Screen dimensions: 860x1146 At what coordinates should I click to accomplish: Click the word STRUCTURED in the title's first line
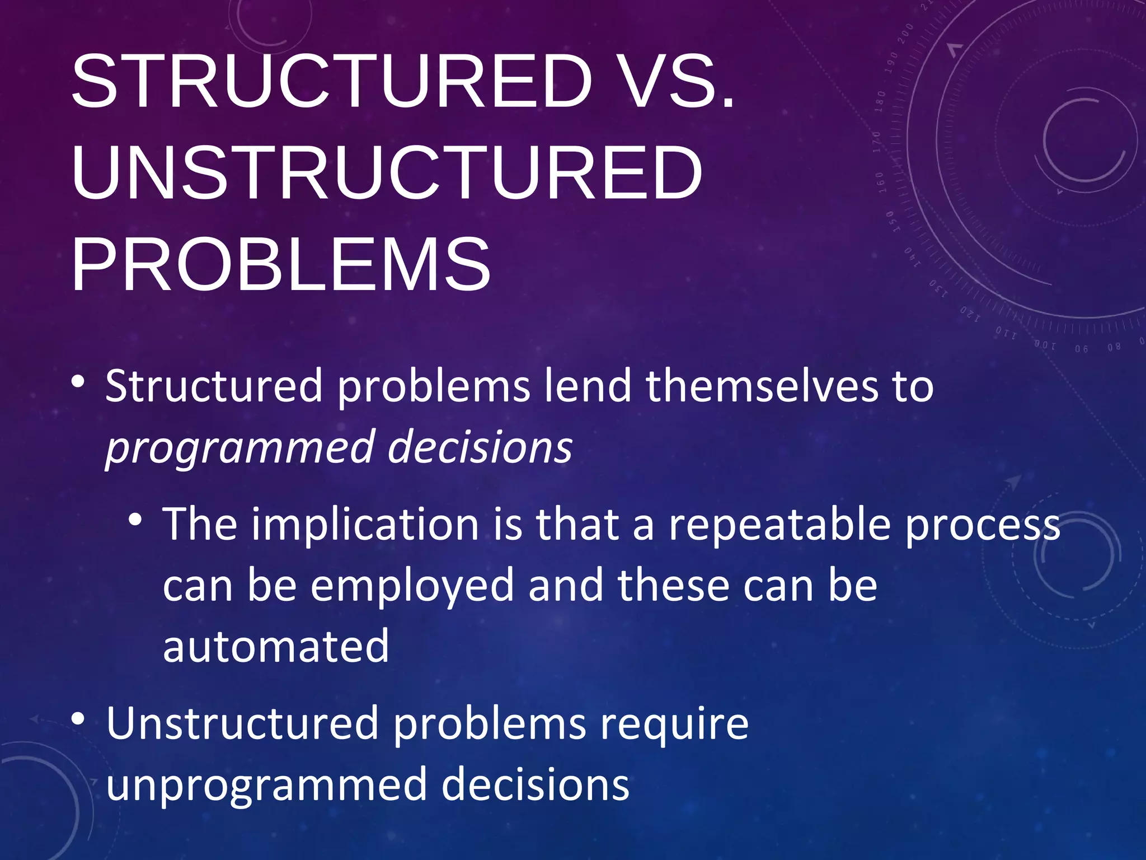tap(331, 81)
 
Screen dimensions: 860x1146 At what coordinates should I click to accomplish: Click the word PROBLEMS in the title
tap(281, 264)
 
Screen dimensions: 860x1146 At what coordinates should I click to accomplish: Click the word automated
tap(275, 646)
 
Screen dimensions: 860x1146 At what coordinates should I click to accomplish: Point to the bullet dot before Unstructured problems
tap(78, 718)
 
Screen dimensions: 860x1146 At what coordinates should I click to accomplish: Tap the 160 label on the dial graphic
tap(880, 183)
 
